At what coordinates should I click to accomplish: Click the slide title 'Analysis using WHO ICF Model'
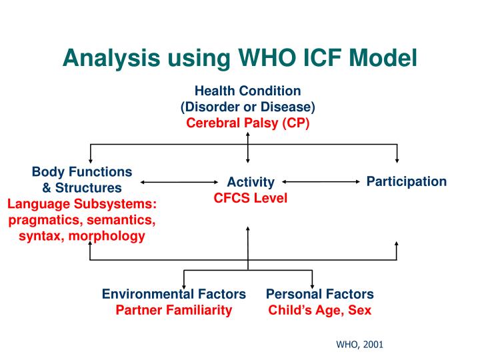pyautogui.click(x=239, y=59)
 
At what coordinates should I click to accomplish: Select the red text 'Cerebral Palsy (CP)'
pyautogui.click(x=248, y=123)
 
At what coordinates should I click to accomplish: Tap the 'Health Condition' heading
pyautogui.click(x=248, y=91)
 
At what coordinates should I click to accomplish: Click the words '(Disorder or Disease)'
pyautogui.click(x=248, y=107)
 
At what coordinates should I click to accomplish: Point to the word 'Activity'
pyautogui.click(x=251, y=182)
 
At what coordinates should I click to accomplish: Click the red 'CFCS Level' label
pyautogui.click(x=251, y=198)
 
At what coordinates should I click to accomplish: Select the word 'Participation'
pyautogui.click(x=407, y=181)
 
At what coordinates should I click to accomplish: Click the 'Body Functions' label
pyautogui.click(x=82, y=171)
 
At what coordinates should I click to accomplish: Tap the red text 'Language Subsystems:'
pyautogui.click(x=82, y=203)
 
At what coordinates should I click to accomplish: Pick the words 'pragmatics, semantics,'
pyautogui.click(x=82, y=219)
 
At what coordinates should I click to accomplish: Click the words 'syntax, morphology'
pyautogui.click(x=82, y=235)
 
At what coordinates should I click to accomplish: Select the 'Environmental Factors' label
pyautogui.click(x=174, y=294)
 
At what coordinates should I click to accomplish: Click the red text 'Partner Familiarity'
pyautogui.click(x=174, y=310)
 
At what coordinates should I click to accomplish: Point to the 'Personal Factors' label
pyautogui.click(x=320, y=294)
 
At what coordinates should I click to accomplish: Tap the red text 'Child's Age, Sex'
pyautogui.click(x=320, y=310)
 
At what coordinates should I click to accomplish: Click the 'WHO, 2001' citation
pyautogui.click(x=359, y=345)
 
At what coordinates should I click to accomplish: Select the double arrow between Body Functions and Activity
pyautogui.click(x=180, y=181)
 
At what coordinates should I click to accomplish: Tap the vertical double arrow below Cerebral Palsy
pyautogui.click(x=248, y=147)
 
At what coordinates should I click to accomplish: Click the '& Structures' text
pyautogui.click(x=82, y=187)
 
